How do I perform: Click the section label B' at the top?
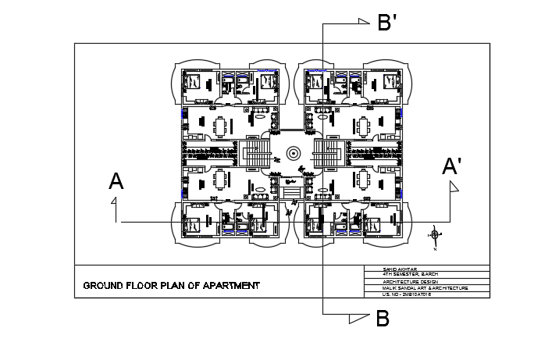(388, 23)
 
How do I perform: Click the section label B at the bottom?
(383, 319)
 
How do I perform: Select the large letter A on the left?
(116, 182)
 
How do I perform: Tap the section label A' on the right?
(451, 167)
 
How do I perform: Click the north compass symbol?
(435, 235)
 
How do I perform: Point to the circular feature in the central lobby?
(294, 154)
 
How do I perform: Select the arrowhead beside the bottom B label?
(358, 318)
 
